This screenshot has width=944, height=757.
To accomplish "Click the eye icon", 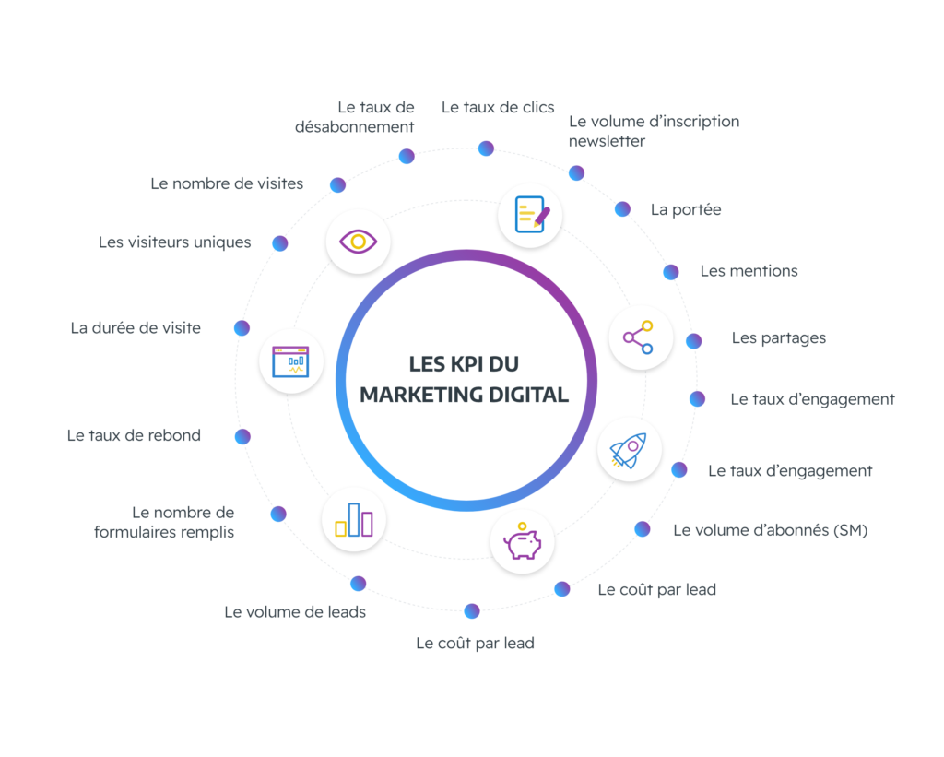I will click(359, 242).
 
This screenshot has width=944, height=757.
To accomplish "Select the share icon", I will click(639, 337).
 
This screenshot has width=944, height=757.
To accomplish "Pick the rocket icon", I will click(630, 451).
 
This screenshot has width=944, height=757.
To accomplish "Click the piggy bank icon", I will click(523, 540).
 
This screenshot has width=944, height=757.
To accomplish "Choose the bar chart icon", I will click(354, 519).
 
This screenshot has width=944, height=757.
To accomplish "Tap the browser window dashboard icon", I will click(291, 361).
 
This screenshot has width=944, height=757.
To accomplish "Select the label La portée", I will click(686, 209).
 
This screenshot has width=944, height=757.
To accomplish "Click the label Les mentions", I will click(749, 271).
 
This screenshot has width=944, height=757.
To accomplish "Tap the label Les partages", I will click(779, 337).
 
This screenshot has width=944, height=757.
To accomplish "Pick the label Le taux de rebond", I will click(134, 435).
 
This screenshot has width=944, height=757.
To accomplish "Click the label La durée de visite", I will click(136, 327).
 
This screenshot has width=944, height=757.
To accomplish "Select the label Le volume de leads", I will click(295, 611).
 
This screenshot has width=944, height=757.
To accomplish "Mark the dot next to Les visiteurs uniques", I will click(280, 243).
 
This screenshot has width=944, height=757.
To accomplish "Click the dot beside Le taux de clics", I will click(486, 148).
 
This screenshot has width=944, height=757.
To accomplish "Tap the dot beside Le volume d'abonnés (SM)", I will click(643, 528).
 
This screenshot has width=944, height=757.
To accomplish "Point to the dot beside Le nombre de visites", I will click(338, 184).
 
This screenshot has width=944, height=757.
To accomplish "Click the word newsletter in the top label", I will click(607, 141).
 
